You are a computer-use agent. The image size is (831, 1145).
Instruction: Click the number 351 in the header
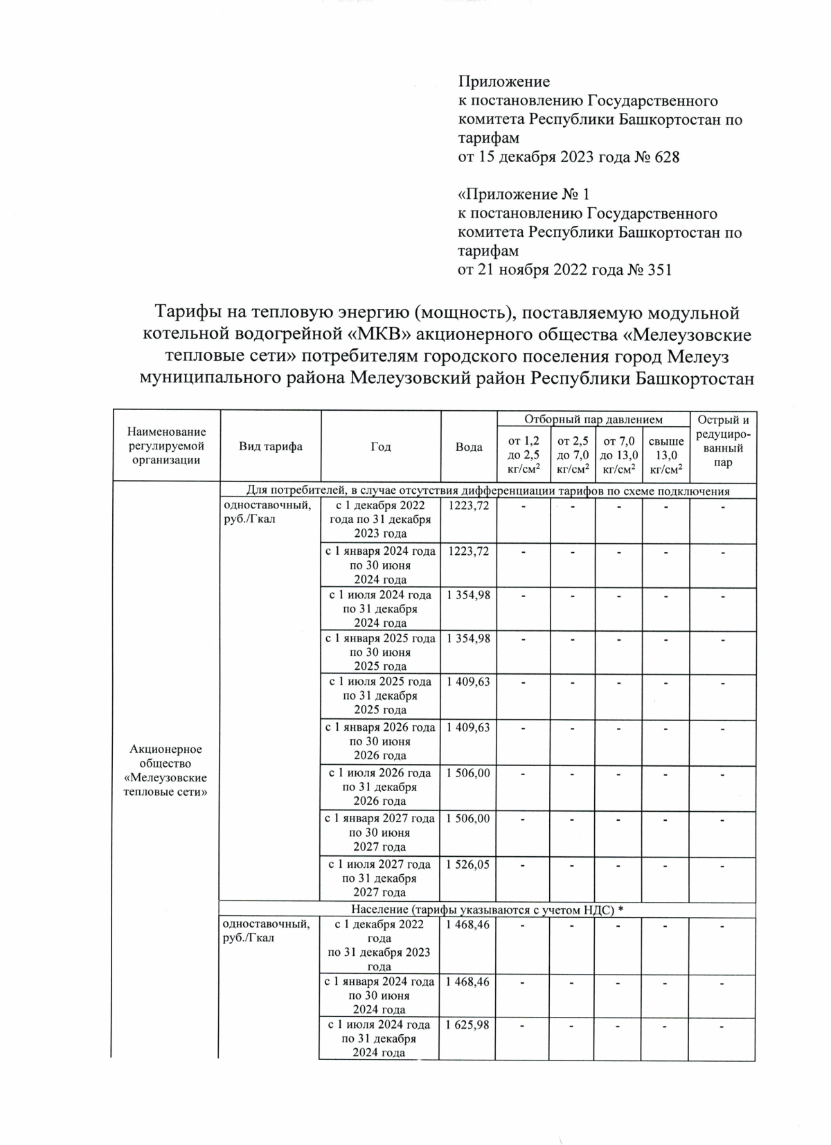point(659,269)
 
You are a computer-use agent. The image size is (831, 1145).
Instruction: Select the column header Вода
point(469,447)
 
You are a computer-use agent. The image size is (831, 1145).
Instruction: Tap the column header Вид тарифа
point(270,447)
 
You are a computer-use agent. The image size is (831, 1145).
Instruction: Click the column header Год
point(381,447)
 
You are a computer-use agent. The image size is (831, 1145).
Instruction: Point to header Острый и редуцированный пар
point(722,441)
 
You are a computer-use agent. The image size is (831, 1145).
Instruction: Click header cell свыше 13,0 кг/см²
point(666,455)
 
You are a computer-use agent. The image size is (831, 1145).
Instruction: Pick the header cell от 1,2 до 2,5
point(524,455)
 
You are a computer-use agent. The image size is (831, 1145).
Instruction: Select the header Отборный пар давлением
point(593,419)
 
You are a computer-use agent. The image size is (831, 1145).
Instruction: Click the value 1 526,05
point(468,864)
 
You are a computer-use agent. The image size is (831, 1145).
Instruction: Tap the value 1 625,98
point(467,1024)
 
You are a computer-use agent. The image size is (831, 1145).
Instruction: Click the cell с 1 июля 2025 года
point(380,695)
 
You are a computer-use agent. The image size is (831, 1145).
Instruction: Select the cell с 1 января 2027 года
point(380,833)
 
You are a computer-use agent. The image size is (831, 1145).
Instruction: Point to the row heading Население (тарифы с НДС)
point(487,909)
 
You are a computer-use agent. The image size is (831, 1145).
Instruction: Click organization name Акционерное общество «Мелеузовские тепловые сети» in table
point(166,770)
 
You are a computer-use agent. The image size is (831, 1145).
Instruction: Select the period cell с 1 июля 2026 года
point(379,787)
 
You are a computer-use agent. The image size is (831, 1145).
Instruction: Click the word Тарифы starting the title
point(186,313)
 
